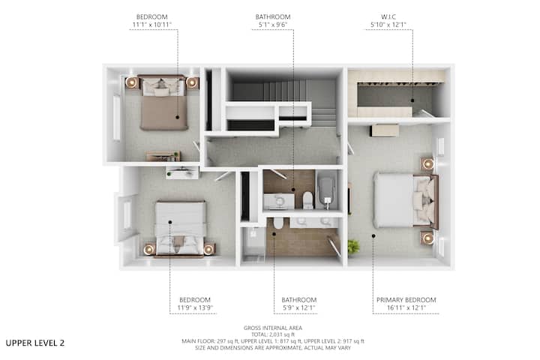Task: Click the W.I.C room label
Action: click(x=388, y=17)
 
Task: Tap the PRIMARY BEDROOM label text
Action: click(x=406, y=300)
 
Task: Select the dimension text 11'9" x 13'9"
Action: click(x=195, y=308)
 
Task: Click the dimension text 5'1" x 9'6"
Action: click(x=273, y=25)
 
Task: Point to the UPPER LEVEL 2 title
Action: click(x=35, y=343)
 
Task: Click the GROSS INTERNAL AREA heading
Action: click(x=273, y=328)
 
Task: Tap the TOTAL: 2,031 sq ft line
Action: click(x=273, y=334)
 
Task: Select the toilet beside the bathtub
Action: click(x=308, y=200)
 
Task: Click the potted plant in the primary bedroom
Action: click(x=353, y=247)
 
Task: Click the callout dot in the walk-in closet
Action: click(x=412, y=100)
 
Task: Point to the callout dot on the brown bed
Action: click(x=177, y=117)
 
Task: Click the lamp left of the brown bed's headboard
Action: click(x=131, y=82)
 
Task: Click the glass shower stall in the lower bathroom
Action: click(x=253, y=244)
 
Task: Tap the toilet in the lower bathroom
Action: click(x=278, y=223)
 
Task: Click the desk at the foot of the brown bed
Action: click(x=163, y=156)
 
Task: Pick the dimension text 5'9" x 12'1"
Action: click(x=299, y=308)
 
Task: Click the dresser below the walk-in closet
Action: click(x=385, y=130)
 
